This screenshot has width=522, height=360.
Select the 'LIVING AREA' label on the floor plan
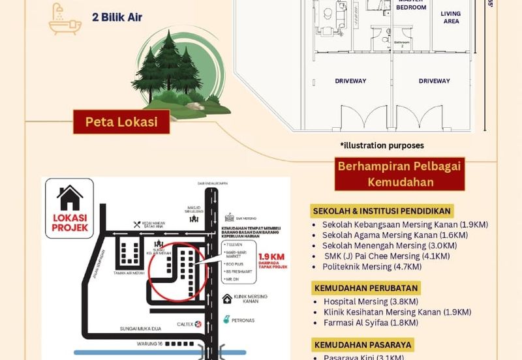point(450,18)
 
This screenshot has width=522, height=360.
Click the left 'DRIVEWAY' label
point(350,81)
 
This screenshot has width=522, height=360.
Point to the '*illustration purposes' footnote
point(382,145)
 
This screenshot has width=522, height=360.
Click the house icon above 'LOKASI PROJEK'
point(70,196)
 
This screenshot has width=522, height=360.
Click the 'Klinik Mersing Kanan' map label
point(247,299)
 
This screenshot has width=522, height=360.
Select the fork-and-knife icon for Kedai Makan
point(137,224)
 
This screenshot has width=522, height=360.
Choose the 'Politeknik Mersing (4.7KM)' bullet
point(366,266)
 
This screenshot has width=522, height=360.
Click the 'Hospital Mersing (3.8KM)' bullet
point(365,301)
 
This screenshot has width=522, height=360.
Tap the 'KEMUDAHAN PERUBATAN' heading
point(365,288)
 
